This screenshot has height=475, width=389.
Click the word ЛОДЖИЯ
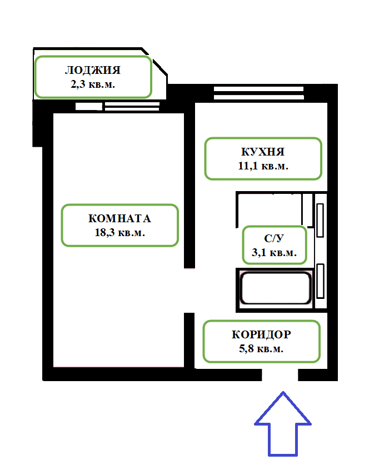coord(93,71)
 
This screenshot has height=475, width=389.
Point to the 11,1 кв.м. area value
coord(263,166)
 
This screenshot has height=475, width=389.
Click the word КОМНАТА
coord(119,218)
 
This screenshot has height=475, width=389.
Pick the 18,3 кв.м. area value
coord(119,232)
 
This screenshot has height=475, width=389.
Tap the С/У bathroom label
coord(274,239)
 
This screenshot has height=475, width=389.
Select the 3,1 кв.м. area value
coord(274,253)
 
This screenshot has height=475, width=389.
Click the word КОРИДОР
coord(261,335)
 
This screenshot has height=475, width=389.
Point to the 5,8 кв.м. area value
coord(261,349)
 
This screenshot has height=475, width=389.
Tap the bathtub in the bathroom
coord(275,288)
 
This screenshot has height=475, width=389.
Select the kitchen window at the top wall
coord(259,94)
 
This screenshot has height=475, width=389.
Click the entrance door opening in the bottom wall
coord(280,376)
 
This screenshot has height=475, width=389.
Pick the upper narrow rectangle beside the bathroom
coord(320,217)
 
